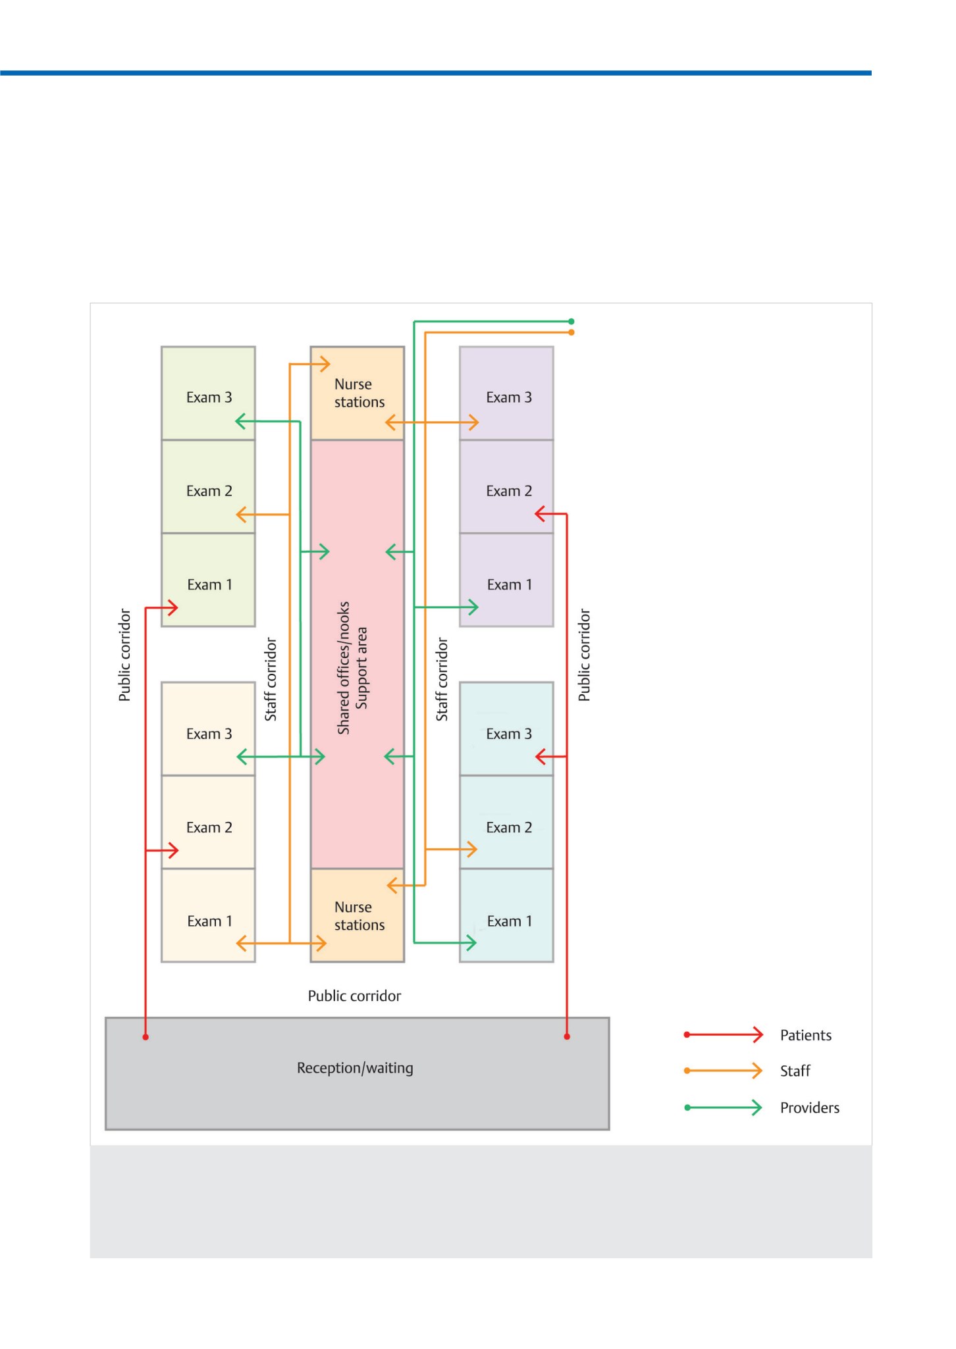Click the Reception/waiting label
(355, 1068)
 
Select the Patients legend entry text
(806, 1035)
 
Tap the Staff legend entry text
(795, 1071)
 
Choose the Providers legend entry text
(810, 1107)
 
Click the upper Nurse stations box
(358, 394)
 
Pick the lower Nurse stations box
(358, 915)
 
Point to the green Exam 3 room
(208, 394)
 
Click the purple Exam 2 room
(506, 487)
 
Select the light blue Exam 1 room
(506, 915)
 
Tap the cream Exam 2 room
(208, 822)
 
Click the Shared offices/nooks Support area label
(352, 668)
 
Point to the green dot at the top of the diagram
(571, 322)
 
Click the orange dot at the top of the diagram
(571, 332)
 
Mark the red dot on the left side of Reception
(146, 1037)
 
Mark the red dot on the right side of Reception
(567, 1036)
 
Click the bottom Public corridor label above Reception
(354, 996)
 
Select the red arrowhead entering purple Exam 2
(541, 514)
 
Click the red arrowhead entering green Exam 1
(173, 607)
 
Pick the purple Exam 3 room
(506, 394)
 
